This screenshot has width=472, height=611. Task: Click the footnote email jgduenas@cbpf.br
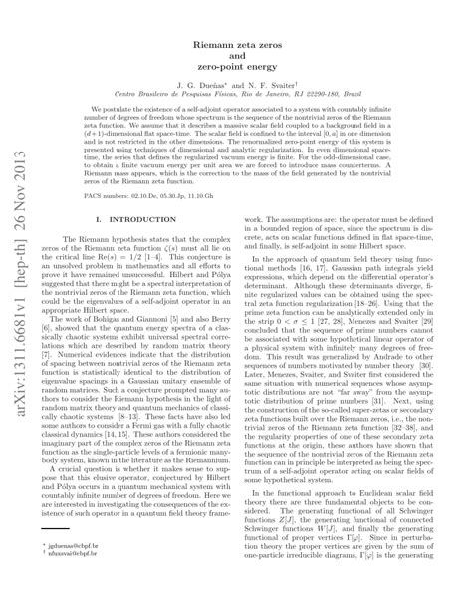(x=92, y=574)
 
